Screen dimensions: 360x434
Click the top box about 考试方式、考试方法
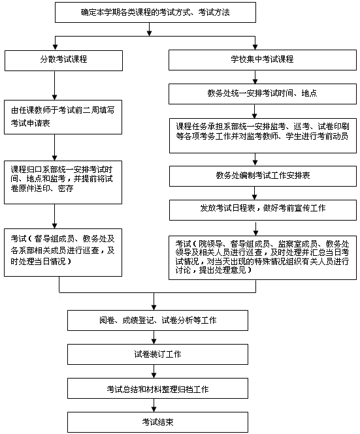click(155, 12)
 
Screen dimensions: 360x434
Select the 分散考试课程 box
click(63, 60)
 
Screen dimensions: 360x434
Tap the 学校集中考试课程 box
click(263, 60)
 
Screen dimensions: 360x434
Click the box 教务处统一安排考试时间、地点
click(263, 94)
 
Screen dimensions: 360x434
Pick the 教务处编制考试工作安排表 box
click(263, 176)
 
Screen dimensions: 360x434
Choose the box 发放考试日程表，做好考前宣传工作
click(263, 210)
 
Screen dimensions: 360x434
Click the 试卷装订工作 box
click(157, 354)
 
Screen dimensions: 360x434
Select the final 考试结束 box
click(157, 422)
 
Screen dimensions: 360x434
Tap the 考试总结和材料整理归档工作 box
click(157, 388)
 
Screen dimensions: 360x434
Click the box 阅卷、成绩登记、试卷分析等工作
click(157, 320)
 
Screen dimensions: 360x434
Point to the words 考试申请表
click(31, 123)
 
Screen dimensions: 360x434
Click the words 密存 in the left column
click(66, 189)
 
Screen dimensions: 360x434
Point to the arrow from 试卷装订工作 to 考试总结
click(154, 371)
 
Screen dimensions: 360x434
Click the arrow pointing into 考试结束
click(154, 405)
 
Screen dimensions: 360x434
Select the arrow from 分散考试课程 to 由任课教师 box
click(55, 85)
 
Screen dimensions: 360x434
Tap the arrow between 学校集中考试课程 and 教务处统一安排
click(255, 77)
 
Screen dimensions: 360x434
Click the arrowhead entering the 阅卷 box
click(154, 307)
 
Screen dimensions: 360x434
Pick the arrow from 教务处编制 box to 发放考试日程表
click(255, 193)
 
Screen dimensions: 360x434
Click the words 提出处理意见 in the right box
click(223, 270)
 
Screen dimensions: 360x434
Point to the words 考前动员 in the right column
click(333, 136)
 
